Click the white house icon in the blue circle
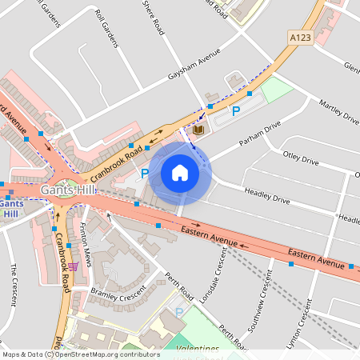pos(180,173)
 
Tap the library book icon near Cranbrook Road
pos(198,130)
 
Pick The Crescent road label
pos(14,285)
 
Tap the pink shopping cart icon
pos(74,266)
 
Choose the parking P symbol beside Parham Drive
pos(236,111)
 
